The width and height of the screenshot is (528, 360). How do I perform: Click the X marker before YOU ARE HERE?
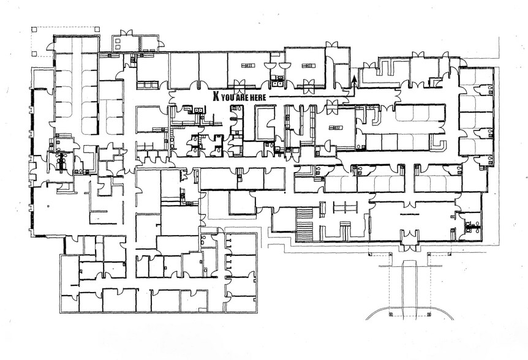(x=216, y=96)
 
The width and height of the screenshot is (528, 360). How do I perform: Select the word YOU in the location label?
(x=228, y=96)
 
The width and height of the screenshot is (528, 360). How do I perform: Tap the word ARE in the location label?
(x=242, y=96)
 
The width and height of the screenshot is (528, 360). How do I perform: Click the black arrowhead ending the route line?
(x=353, y=79)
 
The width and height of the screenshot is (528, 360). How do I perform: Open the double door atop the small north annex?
(x=126, y=32)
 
